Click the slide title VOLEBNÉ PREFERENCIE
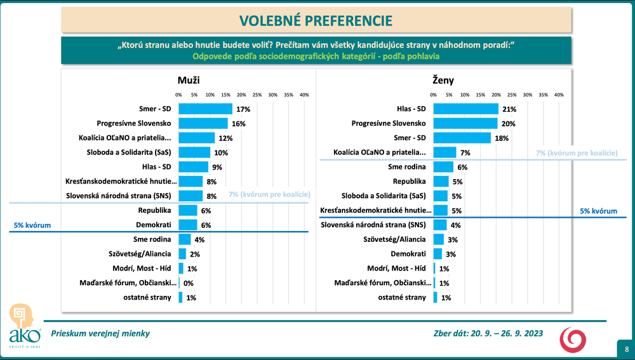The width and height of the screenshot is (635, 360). point(315,20)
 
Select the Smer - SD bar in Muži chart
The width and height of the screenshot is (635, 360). point(205,109)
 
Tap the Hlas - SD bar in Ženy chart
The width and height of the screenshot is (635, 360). point(465,109)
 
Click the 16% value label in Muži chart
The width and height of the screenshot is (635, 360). point(239,123)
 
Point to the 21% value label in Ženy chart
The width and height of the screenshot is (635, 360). point(509,109)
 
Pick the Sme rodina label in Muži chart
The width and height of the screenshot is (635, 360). point(153,239)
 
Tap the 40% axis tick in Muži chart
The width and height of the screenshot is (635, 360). point(304,95)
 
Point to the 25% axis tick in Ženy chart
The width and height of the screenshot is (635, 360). point(512,95)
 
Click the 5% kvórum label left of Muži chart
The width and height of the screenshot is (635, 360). point(32,225)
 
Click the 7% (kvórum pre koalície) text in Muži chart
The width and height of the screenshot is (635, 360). point(269,194)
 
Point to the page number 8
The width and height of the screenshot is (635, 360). point(626,349)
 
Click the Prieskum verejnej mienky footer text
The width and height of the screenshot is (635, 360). point(101,333)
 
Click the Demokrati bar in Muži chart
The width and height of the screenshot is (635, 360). point(188,225)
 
